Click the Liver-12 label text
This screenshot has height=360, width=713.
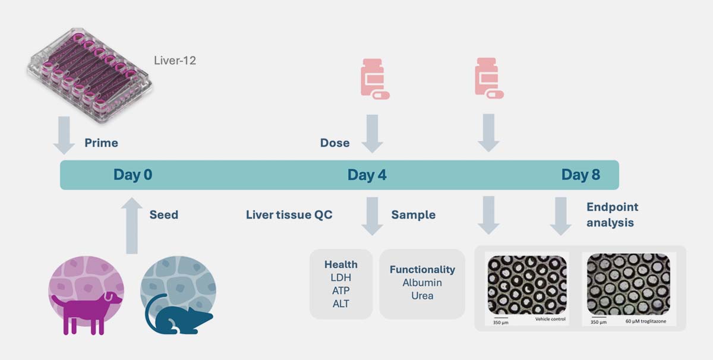tap(174, 61)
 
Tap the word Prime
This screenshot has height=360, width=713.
tap(101, 143)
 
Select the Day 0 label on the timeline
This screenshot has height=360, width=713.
tap(133, 175)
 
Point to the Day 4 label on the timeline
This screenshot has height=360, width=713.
tap(367, 175)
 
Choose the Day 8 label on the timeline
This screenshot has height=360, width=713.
tap(581, 175)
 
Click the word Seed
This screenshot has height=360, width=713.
tap(163, 214)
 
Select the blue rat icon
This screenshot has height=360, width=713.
tap(178, 312)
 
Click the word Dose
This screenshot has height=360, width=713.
tap(335, 143)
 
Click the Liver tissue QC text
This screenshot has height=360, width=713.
tap(289, 214)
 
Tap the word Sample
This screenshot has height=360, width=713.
tap(413, 214)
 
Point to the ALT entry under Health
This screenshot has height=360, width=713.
tap(341, 304)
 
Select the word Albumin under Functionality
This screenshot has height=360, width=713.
tap(422, 283)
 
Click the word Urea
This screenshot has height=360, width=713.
tap(422, 295)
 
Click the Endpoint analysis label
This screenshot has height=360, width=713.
tap(612, 214)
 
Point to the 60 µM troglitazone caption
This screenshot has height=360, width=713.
tap(647, 321)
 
